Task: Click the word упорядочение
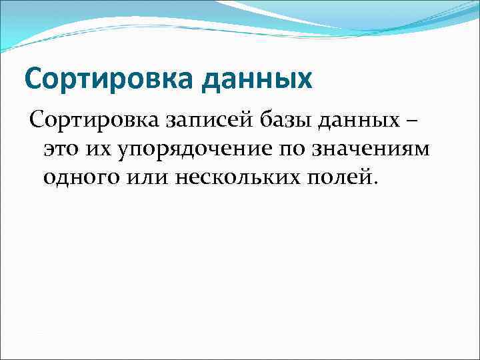[x=193, y=150]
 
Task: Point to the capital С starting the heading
[x=34, y=79]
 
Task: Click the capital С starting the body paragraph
[x=36, y=122]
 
